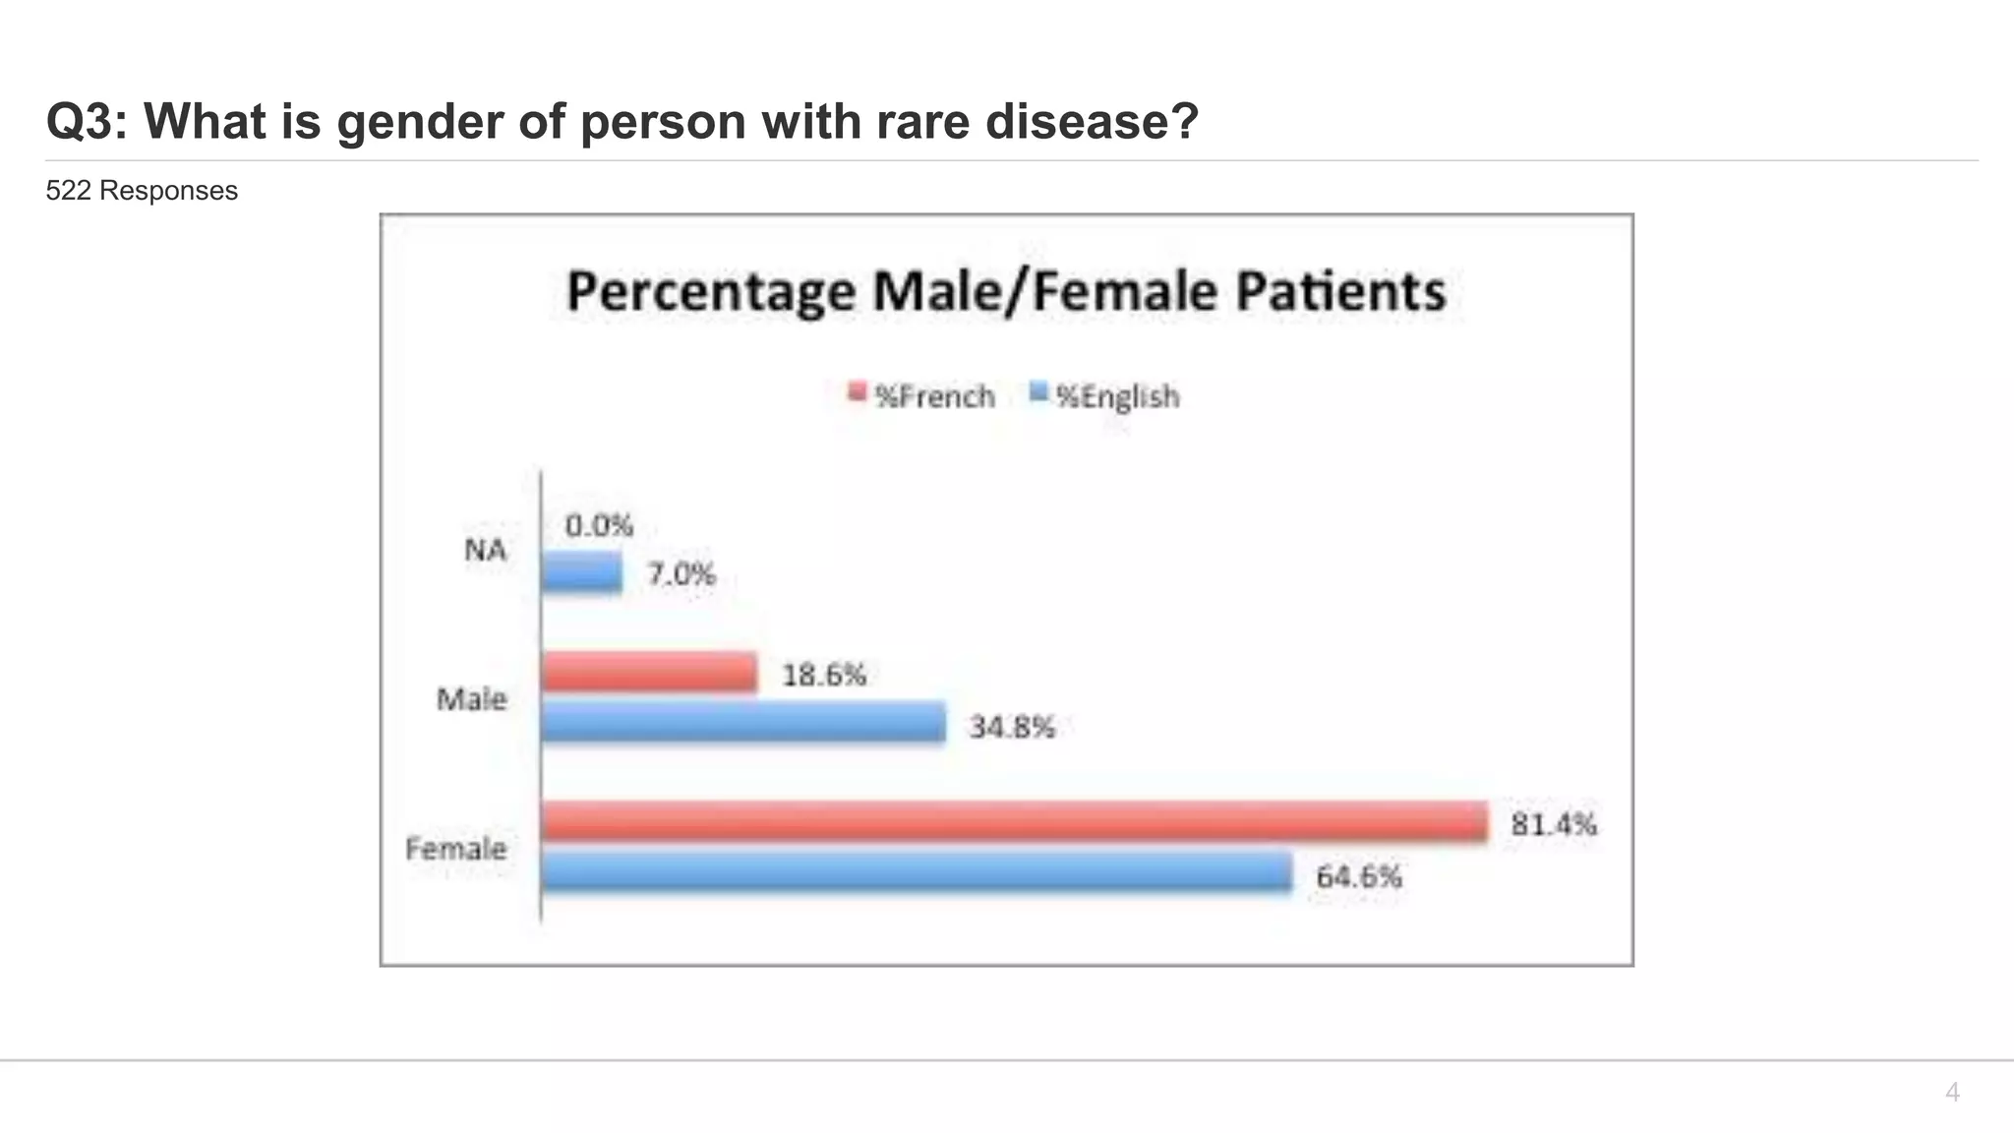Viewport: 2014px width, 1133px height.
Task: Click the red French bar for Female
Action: tap(1013, 821)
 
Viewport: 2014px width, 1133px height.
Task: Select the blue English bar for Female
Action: tap(917, 872)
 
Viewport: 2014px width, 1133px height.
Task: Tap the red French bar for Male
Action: tap(649, 673)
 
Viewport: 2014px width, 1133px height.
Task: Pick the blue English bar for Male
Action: tap(743, 723)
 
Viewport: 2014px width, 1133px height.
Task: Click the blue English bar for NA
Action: tap(582, 572)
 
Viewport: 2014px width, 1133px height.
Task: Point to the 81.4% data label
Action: tap(1553, 824)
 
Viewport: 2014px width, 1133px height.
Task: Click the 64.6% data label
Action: tap(1358, 876)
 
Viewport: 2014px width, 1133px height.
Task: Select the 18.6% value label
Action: tap(824, 675)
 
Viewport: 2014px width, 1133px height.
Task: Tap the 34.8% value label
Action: tap(1012, 727)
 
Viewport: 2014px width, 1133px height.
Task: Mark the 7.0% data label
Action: tap(681, 573)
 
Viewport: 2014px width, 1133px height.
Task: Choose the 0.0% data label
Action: tap(599, 525)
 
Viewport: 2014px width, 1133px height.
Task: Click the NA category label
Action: tap(485, 550)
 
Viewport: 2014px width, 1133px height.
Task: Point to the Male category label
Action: tap(471, 699)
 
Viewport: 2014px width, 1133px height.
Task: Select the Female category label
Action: tap(455, 849)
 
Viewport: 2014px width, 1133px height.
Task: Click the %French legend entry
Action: tap(922, 396)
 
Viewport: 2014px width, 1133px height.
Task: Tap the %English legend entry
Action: tap(1105, 396)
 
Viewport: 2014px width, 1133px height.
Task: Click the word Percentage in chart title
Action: tap(711, 292)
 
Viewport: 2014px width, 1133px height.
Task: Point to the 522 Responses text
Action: tap(142, 191)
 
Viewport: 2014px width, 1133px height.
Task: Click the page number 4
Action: tap(1952, 1092)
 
